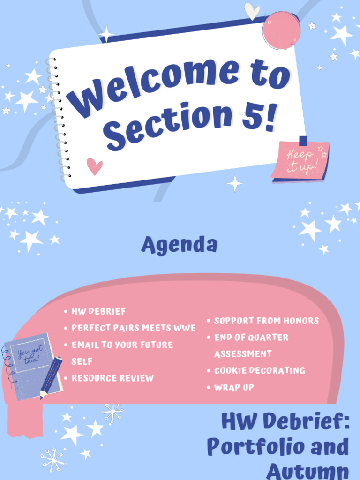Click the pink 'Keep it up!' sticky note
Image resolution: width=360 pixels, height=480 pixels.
point(300,160)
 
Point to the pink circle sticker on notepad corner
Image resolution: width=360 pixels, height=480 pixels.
point(281,30)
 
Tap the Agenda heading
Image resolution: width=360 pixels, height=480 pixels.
point(180,244)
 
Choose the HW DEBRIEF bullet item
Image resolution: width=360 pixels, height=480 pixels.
point(98,311)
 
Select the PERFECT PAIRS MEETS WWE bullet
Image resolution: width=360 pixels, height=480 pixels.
point(133,328)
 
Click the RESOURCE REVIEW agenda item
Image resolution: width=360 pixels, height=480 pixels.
point(112,378)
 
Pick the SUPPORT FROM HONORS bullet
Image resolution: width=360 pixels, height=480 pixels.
point(266,321)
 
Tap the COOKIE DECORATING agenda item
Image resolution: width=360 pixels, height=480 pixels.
point(259,370)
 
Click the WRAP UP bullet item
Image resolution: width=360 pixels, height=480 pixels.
point(234,387)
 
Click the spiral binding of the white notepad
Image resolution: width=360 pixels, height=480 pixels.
point(59,117)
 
